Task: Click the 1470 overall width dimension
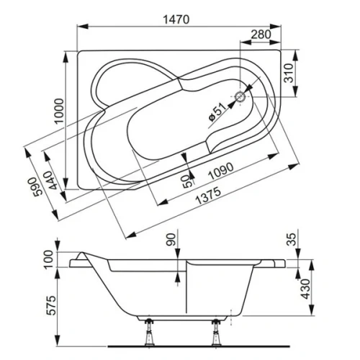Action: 175,20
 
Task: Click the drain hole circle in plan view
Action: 241,94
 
